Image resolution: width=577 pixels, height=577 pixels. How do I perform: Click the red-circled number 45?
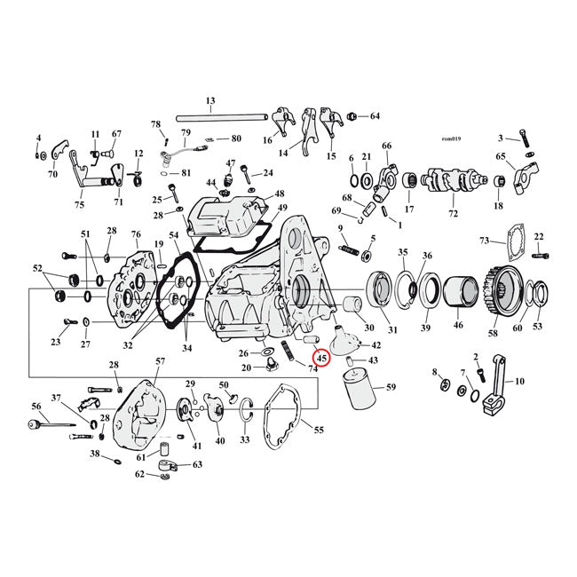click(321, 358)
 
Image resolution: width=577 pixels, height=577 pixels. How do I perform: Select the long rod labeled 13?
click(212, 116)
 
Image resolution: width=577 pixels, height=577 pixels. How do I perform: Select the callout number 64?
click(374, 116)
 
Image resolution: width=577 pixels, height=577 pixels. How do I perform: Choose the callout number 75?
click(79, 205)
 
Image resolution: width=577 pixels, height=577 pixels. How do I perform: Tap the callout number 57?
click(161, 361)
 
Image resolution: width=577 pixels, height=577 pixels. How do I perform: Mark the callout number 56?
click(36, 406)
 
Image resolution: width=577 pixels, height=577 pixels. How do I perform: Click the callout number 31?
click(393, 331)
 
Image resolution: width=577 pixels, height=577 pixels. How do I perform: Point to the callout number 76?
click(136, 234)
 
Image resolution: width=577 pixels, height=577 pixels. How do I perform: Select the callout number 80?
click(235, 138)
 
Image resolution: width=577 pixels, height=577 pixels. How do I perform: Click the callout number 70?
click(52, 175)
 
